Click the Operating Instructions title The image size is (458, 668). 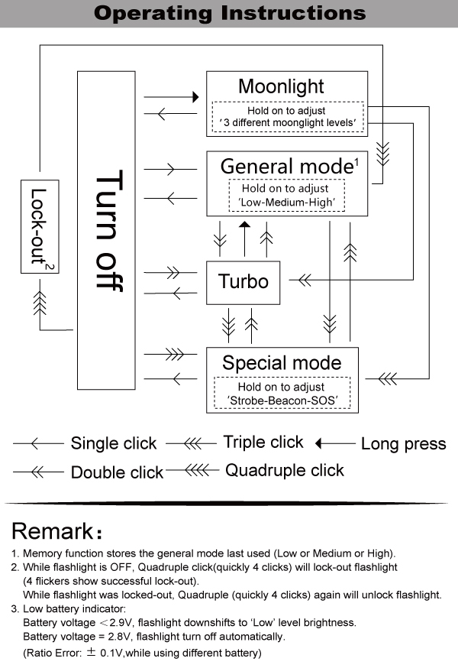click(x=229, y=13)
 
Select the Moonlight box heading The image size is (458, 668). click(x=281, y=86)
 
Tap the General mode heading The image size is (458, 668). click(x=287, y=166)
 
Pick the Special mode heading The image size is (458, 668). click(x=282, y=362)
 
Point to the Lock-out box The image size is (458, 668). click(x=40, y=227)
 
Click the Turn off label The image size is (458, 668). click(x=111, y=229)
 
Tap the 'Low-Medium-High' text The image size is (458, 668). click(x=287, y=203)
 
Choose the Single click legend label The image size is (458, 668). click(x=114, y=443)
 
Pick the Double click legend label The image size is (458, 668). click(x=117, y=472)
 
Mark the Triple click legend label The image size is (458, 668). click(x=263, y=442)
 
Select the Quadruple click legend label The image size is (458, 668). click(x=285, y=470)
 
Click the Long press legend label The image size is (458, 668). click(x=403, y=444)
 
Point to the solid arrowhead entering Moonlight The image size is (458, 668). click(x=195, y=97)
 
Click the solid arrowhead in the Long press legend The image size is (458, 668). click(x=320, y=443)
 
